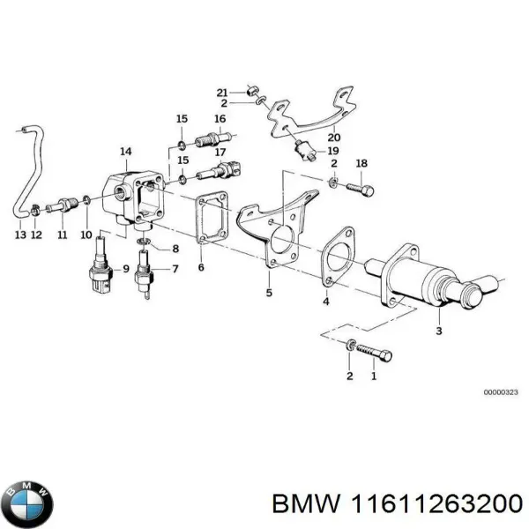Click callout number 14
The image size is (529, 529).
click(126, 153)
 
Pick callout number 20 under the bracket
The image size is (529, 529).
click(332, 137)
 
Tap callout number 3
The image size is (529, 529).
click(438, 331)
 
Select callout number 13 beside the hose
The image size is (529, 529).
click(19, 235)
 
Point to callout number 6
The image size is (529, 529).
click(201, 268)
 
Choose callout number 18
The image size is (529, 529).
click(360, 164)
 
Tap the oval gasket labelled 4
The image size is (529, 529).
click(338, 258)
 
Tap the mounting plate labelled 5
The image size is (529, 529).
click(273, 238)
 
